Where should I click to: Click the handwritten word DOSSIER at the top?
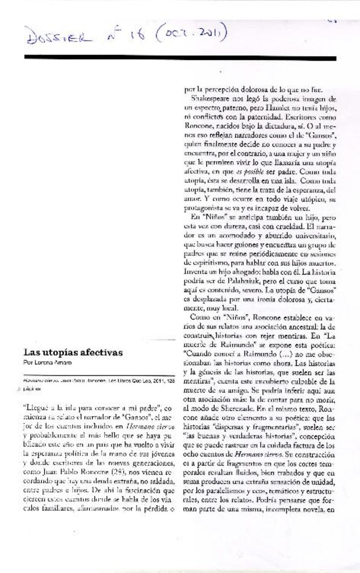pos(58,36)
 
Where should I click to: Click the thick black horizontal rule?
pos(180,58)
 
